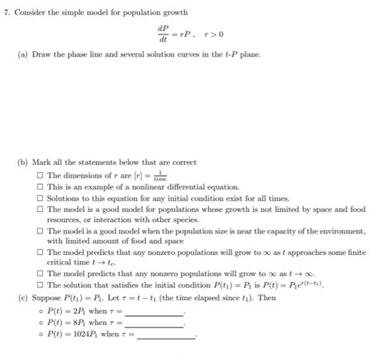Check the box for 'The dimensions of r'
coord(40,174)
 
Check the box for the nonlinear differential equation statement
coord(40,186)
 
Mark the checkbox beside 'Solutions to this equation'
coord(40,197)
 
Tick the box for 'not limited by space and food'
coord(40,209)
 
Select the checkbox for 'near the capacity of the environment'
coord(40,230)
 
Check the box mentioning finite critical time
coord(40,252)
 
